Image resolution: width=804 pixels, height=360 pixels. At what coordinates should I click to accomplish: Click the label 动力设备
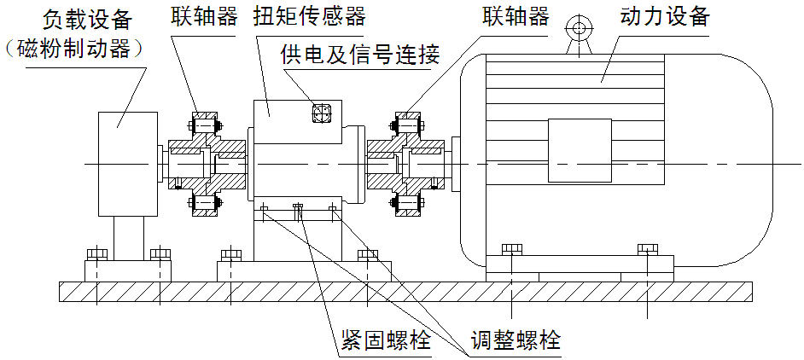662,17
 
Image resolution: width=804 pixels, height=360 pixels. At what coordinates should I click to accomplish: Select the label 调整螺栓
517,341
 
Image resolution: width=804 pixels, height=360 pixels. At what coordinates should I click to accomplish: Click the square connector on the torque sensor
322,114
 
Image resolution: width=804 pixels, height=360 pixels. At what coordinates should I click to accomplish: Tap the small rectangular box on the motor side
579,150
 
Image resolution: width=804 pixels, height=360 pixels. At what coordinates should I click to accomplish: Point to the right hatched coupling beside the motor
405,163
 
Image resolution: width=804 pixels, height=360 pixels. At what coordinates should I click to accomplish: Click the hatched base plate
405,291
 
